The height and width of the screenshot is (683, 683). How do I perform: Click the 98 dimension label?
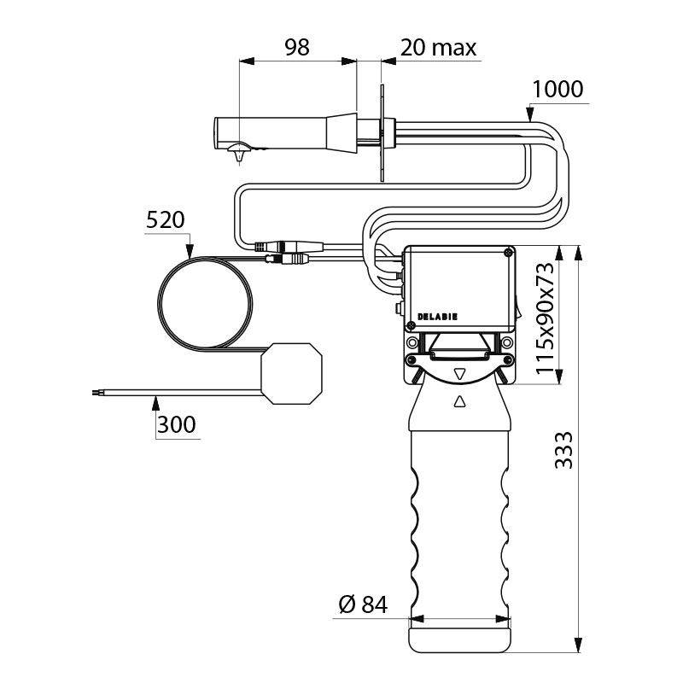(x=297, y=47)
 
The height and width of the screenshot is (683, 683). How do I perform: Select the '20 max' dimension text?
(x=438, y=48)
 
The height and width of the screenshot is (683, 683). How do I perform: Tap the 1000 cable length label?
(x=557, y=90)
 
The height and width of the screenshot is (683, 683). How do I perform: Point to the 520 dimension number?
(x=165, y=220)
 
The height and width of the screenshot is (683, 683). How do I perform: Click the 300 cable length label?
(x=176, y=424)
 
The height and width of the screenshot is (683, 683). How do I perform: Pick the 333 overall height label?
(x=563, y=450)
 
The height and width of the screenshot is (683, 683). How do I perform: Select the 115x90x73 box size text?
(x=545, y=318)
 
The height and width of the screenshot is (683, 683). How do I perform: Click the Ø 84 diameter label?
(x=363, y=604)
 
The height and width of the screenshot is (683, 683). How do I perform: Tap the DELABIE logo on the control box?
(x=437, y=317)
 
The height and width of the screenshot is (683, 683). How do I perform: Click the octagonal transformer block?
(x=291, y=373)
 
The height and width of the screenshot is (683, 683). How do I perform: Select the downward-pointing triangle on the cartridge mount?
(x=459, y=374)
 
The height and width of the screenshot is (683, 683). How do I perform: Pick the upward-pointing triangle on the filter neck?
(x=459, y=401)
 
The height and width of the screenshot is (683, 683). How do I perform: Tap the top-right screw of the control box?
(x=507, y=252)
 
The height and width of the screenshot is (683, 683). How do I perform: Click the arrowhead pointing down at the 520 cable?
(x=190, y=250)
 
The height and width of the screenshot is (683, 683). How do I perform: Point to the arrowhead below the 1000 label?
(x=529, y=114)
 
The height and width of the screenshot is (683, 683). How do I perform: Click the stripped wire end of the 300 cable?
(x=96, y=393)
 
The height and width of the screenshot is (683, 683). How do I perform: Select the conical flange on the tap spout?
(x=341, y=134)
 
